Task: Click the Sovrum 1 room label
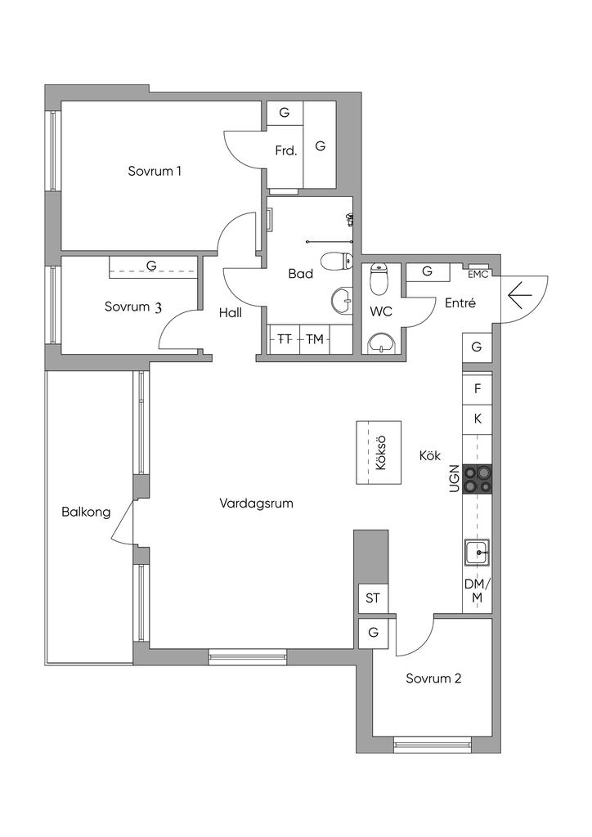click(x=155, y=172)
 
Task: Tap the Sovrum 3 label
click(x=133, y=307)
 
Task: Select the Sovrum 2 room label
click(x=433, y=679)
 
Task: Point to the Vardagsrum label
click(x=256, y=504)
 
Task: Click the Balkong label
click(x=86, y=512)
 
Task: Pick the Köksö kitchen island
click(x=379, y=452)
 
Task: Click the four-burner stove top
click(x=478, y=478)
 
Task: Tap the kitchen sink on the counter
click(x=477, y=552)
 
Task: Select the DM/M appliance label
click(x=478, y=590)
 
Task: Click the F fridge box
click(x=478, y=388)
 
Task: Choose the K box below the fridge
click(x=478, y=419)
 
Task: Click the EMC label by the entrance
click(x=478, y=275)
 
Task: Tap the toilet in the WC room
click(x=379, y=278)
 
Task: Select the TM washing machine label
click(x=315, y=338)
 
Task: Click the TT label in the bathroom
click(x=285, y=338)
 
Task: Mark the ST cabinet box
click(x=373, y=598)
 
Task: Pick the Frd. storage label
click(x=286, y=151)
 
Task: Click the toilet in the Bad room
click(x=337, y=261)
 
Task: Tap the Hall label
click(x=231, y=312)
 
